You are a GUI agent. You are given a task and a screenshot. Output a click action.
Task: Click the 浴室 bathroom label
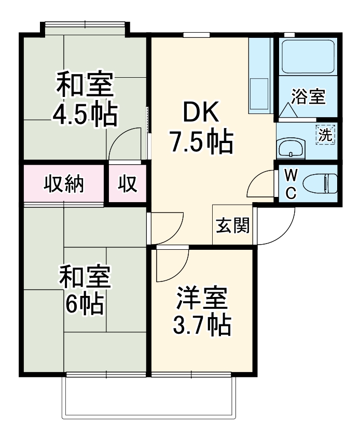point(308,97)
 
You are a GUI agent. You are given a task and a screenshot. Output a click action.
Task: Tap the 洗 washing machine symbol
point(325,135)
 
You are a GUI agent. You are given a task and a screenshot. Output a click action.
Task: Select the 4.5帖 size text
point(84,115)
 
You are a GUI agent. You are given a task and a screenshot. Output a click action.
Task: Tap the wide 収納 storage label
point(64,184)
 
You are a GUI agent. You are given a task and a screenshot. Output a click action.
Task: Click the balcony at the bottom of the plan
point(149,396)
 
